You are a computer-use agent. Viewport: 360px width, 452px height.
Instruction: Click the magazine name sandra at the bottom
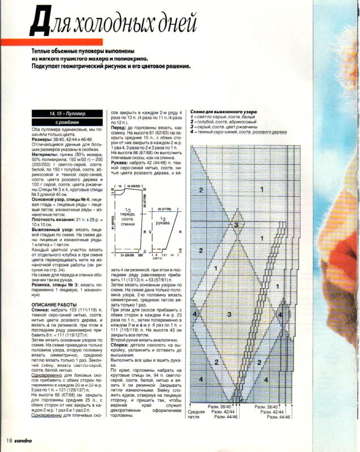click(x=25, y=440)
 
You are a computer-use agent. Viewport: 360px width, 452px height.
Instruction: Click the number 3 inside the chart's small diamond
click(x=236, y=225)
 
